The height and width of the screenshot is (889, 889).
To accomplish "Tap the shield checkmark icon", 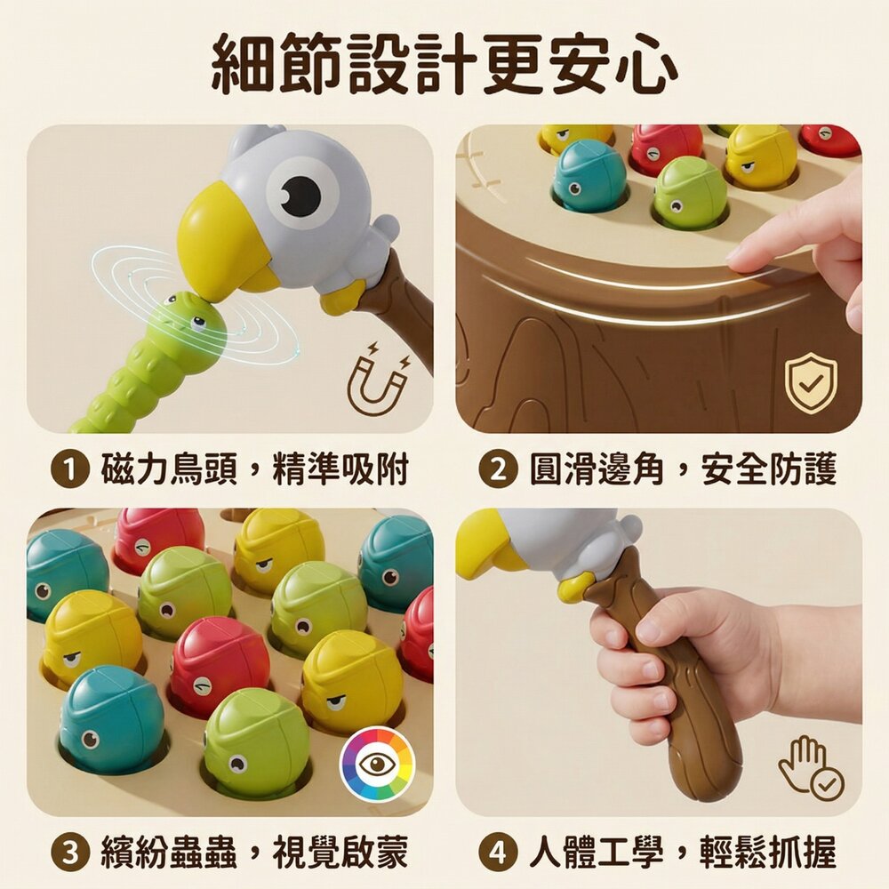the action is [811, 381].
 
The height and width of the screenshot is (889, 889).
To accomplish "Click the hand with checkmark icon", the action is [811, 765].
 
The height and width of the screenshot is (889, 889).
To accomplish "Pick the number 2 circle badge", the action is [498, 470].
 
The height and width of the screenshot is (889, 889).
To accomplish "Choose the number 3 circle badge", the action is [69, 853].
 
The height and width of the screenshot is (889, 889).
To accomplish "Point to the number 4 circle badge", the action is [498, 853].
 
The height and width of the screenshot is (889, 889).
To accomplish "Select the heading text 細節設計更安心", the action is [444, 62].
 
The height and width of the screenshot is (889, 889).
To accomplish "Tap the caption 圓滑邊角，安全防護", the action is [683, 470].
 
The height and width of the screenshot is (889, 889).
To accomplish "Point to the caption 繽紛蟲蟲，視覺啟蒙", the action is [255, 853].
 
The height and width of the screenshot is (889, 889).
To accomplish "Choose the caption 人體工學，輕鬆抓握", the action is [683, 853].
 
